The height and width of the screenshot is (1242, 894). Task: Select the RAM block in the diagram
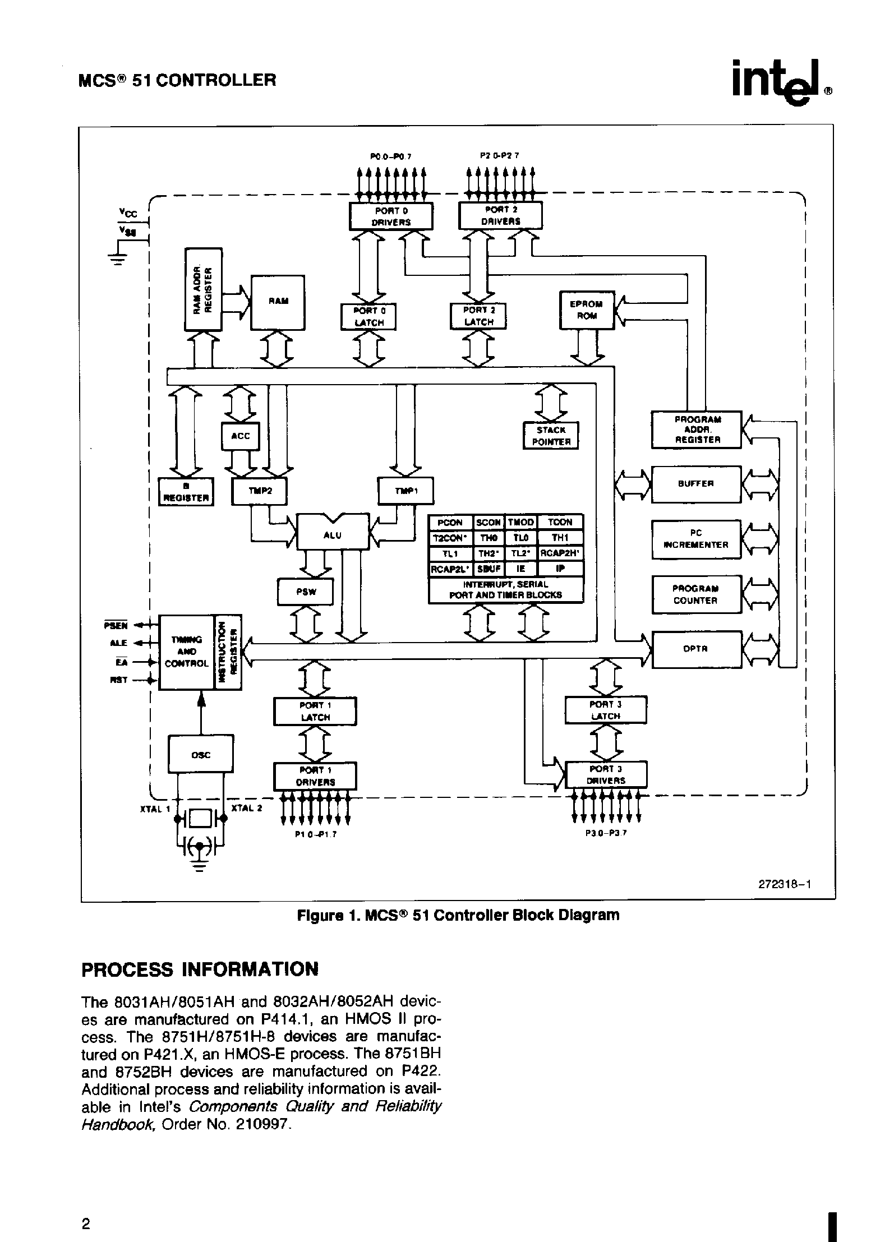click(x=278, y=302)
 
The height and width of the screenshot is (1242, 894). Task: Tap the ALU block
click(x=333, y=535)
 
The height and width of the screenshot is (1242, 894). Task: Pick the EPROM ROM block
click(x=587, y=310)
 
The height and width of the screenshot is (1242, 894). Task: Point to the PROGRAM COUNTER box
click(x=695, y=594)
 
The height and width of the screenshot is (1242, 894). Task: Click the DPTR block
click(x=695, y=649)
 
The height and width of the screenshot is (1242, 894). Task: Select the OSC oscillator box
click(x=200, y=755)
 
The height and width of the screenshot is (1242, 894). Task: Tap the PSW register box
click(x=306, y=592)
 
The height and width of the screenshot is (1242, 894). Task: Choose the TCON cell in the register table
click(x=560, y=522)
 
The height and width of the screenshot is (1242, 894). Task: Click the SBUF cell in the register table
click(x=488, y=569)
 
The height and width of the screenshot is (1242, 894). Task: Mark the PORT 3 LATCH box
click(x=606, y=710)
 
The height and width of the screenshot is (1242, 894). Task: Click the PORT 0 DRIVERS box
click(x=391, y=216)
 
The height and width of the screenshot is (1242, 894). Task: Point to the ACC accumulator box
click(x=241, y=436)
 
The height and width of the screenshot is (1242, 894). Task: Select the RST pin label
click(x=119, y=680)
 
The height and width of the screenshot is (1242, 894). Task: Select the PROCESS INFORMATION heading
click(x=200, y=969)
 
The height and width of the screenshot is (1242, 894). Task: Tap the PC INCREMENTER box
click(x=695, y=539)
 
